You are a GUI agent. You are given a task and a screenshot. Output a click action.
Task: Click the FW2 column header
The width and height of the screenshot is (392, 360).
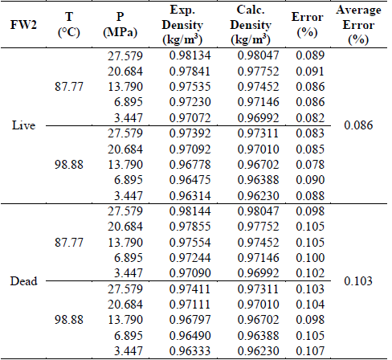23,24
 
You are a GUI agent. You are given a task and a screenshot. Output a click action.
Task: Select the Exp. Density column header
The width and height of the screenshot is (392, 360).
192,24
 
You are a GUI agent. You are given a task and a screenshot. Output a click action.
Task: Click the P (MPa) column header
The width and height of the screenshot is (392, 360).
120,24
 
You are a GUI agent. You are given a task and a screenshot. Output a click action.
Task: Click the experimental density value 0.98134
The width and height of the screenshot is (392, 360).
192,55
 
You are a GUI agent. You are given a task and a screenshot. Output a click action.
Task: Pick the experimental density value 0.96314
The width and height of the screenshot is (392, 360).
192,195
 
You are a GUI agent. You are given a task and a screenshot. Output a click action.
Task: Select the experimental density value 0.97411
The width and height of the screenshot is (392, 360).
192,287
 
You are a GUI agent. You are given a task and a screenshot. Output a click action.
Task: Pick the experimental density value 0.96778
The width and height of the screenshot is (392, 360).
192,164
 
